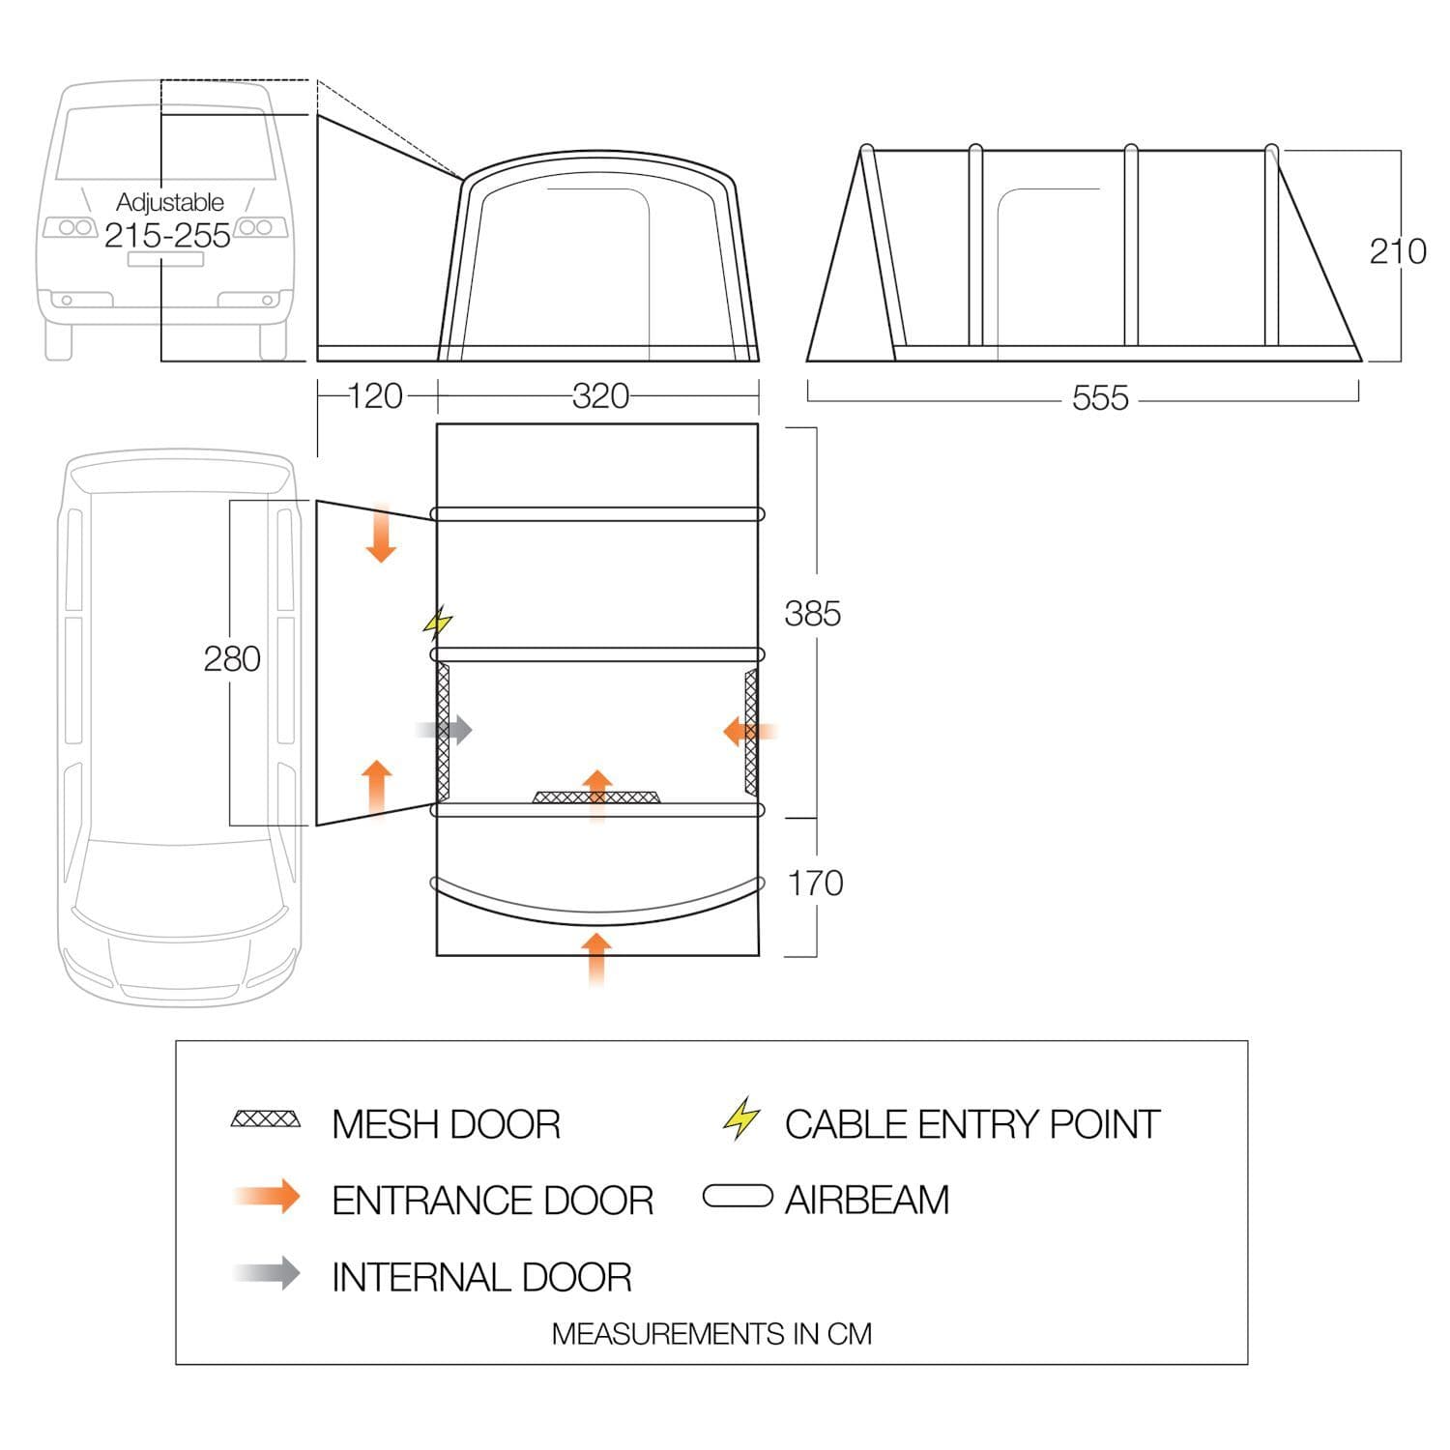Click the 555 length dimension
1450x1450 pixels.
(x=1100, y=398)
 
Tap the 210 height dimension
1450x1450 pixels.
(x=1398, y=251)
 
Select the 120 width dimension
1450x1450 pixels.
(x=375, y=396)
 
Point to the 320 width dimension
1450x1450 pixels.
(x=600, y=396)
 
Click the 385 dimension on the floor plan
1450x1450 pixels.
(x=813, y=614)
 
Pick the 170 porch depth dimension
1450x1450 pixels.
(x=816, y=883)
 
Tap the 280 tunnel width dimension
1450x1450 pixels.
(x=232, y=659)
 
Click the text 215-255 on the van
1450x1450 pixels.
(x=168, y=235)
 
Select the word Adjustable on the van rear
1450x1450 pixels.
(x=170, y=203)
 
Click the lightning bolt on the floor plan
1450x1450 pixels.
(x=438, y=623)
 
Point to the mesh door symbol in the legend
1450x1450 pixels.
(x=266, y=1120)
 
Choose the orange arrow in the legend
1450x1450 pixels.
(x=268, y=1197)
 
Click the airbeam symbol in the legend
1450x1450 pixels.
(x=738, y=1197)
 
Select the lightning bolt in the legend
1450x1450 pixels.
(x=741, y=1118)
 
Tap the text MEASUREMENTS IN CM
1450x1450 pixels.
(x=711, y=1334)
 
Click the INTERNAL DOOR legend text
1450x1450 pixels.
(x=481, y=1277)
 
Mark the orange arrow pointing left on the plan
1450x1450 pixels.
(x=750, y=732)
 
